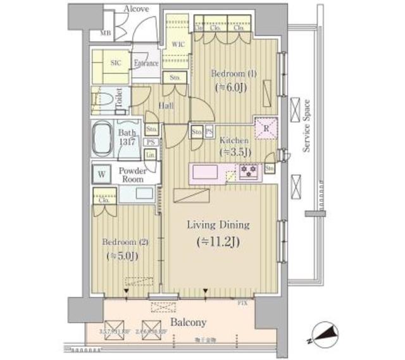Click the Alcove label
(136, 9)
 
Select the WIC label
(178, 44)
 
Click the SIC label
(116, 63)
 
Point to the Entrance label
(146, 63)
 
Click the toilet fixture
(115, 99)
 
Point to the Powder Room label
(134, 175)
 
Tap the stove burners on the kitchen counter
(248, 170)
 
